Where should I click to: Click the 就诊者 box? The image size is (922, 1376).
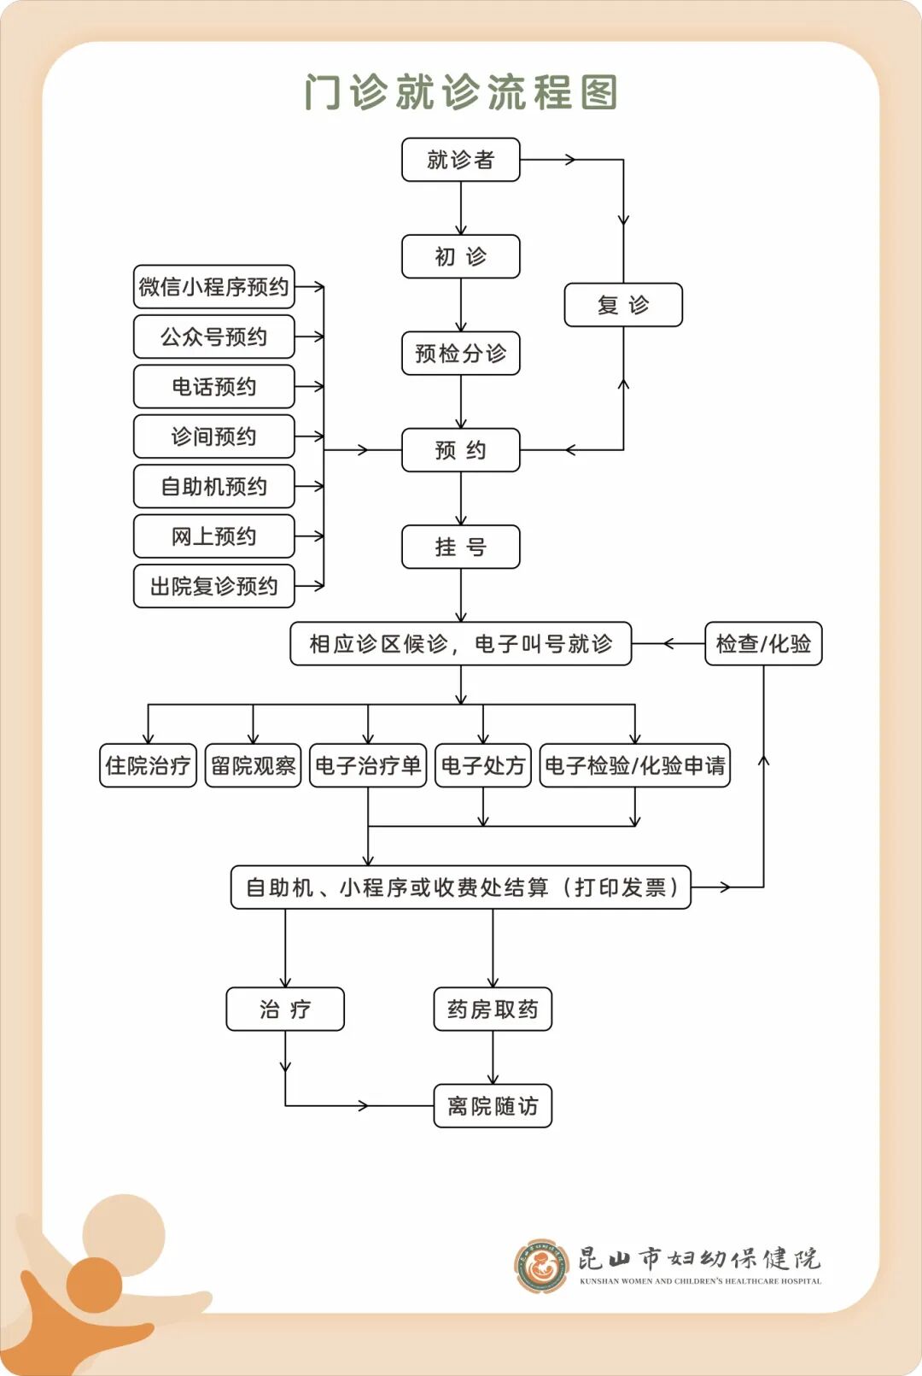pos(460,160)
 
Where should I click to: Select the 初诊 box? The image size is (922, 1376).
pos(460,256)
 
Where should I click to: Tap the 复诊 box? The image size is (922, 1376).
pos(623,305)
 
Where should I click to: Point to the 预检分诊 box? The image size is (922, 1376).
pos(460,353)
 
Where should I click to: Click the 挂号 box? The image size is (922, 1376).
pos(460,547)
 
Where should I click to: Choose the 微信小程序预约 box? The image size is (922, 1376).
pos(213,287)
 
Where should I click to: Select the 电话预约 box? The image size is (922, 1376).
pos(213,387)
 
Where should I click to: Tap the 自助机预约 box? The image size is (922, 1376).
pos(213,487)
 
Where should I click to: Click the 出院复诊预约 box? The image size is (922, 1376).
pos(213,586)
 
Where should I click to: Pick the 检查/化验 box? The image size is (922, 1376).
pos(763,643)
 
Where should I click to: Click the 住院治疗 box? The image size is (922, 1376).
pos(148,765)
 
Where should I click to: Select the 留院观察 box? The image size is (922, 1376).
pos(253,765)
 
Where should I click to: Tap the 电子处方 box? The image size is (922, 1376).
pos(482,765)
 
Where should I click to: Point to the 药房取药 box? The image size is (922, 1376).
pos(493,1010)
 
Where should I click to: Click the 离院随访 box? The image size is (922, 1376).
pos(493,1106)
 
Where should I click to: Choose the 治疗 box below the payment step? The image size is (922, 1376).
pos(285,1010)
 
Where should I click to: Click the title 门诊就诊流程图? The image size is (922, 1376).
pos(461,92)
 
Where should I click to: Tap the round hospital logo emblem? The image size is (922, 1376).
pos(541,1265)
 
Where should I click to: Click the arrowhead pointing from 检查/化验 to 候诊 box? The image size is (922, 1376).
pos(668,643)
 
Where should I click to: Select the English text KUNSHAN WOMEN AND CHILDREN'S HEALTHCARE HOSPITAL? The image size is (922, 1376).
pos(700,1281)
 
